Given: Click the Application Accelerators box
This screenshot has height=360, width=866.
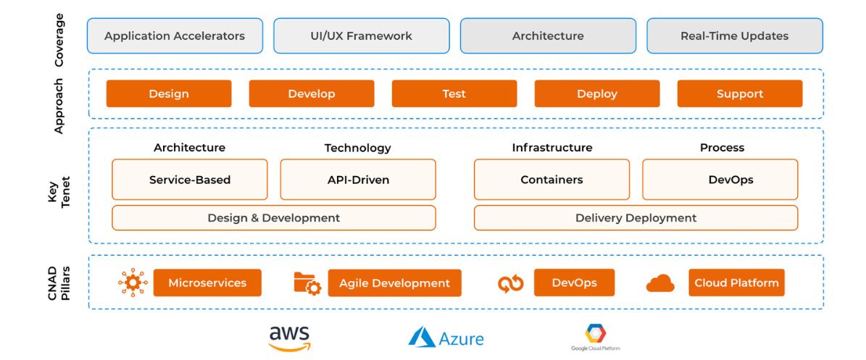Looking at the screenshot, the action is click(175, 36).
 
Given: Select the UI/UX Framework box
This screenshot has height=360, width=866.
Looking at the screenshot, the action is click(361, 36).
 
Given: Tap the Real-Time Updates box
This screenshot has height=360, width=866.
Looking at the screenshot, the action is click(735, 36).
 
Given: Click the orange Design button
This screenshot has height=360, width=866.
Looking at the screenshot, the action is click(169, 94).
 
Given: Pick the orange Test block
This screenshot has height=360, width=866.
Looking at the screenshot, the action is click(454, 94).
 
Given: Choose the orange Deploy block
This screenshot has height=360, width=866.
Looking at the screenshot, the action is click(597, 94).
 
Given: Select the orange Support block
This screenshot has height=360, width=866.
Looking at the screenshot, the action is click(739, 94).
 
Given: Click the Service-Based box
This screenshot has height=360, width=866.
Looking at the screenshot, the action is click(189, 180).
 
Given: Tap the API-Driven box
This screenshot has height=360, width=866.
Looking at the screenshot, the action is click(358, 180).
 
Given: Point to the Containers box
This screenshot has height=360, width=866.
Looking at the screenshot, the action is click(551, 180).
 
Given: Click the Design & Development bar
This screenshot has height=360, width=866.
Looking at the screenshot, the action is click(274, 217).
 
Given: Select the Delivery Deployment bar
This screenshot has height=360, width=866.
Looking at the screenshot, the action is click(636, 217).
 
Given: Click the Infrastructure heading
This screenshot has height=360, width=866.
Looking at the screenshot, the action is click(551, 148).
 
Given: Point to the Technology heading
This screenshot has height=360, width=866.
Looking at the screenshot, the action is click(357, 148).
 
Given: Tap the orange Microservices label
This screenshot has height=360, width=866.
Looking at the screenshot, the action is click(207, 282).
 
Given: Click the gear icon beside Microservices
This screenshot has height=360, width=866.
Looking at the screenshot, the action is click(133, 282).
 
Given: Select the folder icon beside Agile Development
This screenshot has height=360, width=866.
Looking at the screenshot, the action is click(307, 283).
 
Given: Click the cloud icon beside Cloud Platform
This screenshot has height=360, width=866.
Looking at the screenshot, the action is click(660, 283).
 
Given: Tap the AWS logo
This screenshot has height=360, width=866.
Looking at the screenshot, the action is click(289, 338).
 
